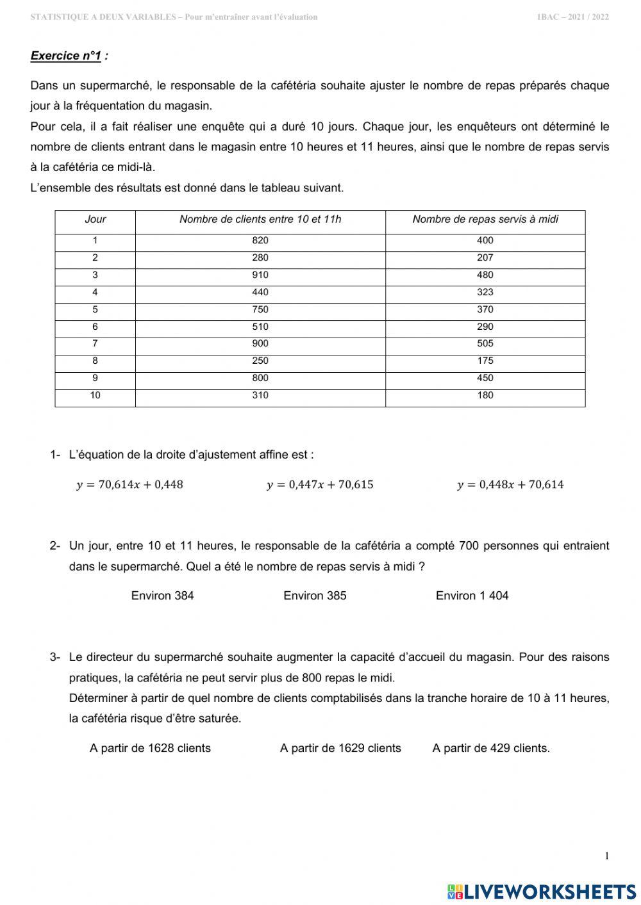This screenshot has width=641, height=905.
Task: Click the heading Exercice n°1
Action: [x=66, y=56]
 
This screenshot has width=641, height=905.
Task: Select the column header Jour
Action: [x=95, y=220]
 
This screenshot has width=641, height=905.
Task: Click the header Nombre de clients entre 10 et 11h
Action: [x=260, y=220]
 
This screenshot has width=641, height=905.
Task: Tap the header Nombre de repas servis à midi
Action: [x=485, y=220]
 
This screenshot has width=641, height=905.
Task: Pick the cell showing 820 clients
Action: [x=260, y=241]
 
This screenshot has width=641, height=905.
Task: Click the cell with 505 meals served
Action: [x=485, y=344]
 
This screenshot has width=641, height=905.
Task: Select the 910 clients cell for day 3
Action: [x=260, y=275]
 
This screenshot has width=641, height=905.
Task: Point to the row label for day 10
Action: [x=95, y=396]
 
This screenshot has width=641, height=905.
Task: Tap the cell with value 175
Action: [x=485, y=361]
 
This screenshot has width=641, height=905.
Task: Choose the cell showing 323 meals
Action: [x=485, y=293]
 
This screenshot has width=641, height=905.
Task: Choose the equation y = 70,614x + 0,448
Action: [x=129, y=485]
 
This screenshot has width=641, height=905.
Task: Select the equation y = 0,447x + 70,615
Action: [x=320, y=485]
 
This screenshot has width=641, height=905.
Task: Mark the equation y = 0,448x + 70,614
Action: [x=510, y=485]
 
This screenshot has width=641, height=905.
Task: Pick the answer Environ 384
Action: [x=162, y=596]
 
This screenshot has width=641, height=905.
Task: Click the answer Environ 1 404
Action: [x=472, y=596]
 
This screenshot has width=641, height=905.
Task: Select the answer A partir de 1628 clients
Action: [x=150, y=748]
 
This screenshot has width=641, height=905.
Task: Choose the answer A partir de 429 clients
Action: [x=491, y=748]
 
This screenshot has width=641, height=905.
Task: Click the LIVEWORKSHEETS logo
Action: [x=542, y=891]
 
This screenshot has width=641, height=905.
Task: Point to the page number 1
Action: [x=606, y=856]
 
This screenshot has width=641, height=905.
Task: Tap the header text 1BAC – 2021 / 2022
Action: [x=572, y=17]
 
